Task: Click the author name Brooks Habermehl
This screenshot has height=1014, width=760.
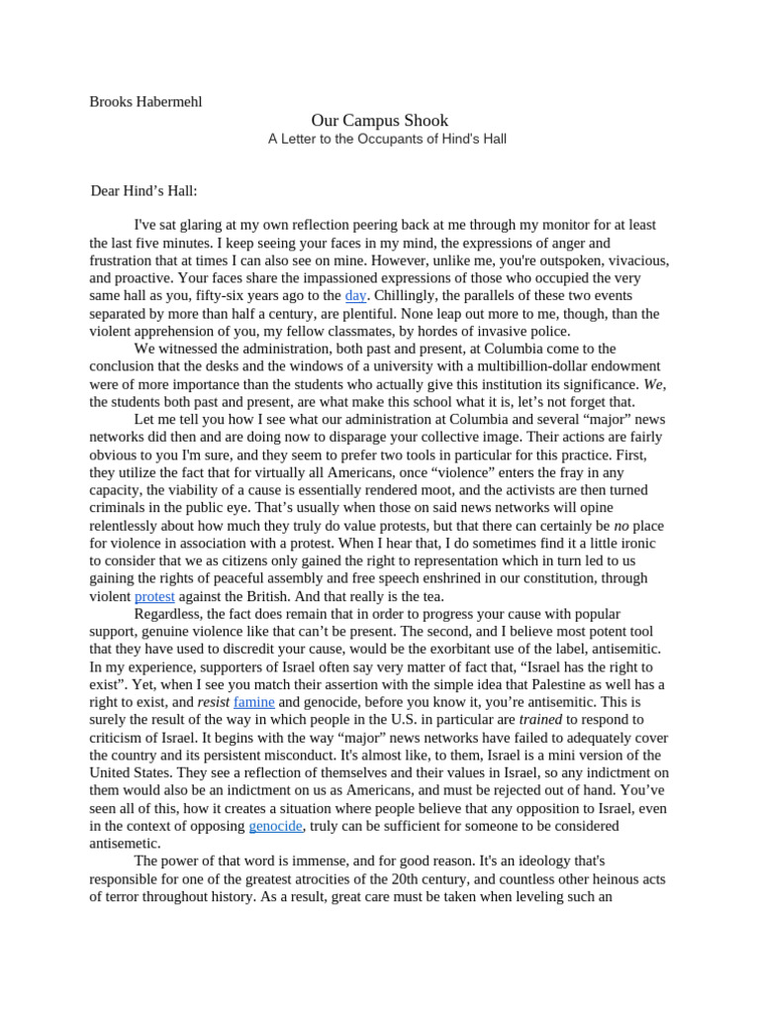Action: tap(145, 101)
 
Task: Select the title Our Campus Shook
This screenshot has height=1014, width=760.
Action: tap(380, 120)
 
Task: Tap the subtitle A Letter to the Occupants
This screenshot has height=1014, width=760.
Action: tap(387, 140)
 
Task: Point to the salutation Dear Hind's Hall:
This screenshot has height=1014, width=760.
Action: tap(150, 190)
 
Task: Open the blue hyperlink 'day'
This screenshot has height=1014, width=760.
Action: tap(355, 296)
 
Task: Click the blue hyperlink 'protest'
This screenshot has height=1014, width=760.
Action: tap(154, 597)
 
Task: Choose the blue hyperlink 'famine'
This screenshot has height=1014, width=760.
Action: tap(254, 702)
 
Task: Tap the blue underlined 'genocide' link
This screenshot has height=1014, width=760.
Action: tap(275, 826)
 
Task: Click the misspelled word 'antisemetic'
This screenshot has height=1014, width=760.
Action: tap(125, 844)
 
